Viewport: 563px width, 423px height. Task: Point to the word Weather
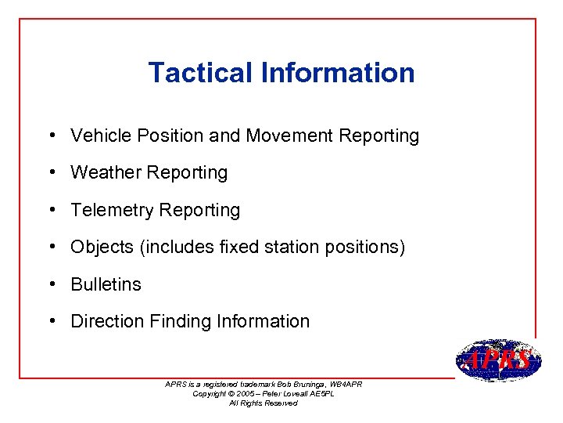pos(102,172)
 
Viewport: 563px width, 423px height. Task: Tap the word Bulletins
pos(106,284)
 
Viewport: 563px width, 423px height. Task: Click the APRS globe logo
pos(497,361)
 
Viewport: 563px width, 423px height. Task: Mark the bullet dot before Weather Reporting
pos(50,172)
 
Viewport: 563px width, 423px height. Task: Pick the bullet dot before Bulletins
pos(50,284)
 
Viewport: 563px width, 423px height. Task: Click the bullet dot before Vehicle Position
pos(50,136)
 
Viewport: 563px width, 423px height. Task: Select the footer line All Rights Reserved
pos(263,403)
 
